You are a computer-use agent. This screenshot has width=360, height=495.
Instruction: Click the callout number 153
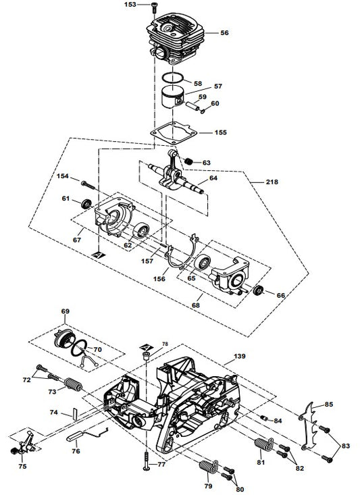130,5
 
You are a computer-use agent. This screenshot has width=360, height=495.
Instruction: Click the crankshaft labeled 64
176,176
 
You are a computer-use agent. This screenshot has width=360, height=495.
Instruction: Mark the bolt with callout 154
86,182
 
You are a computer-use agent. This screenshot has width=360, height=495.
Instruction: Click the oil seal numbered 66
257,291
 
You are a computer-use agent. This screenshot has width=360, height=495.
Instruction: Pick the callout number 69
65,311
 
